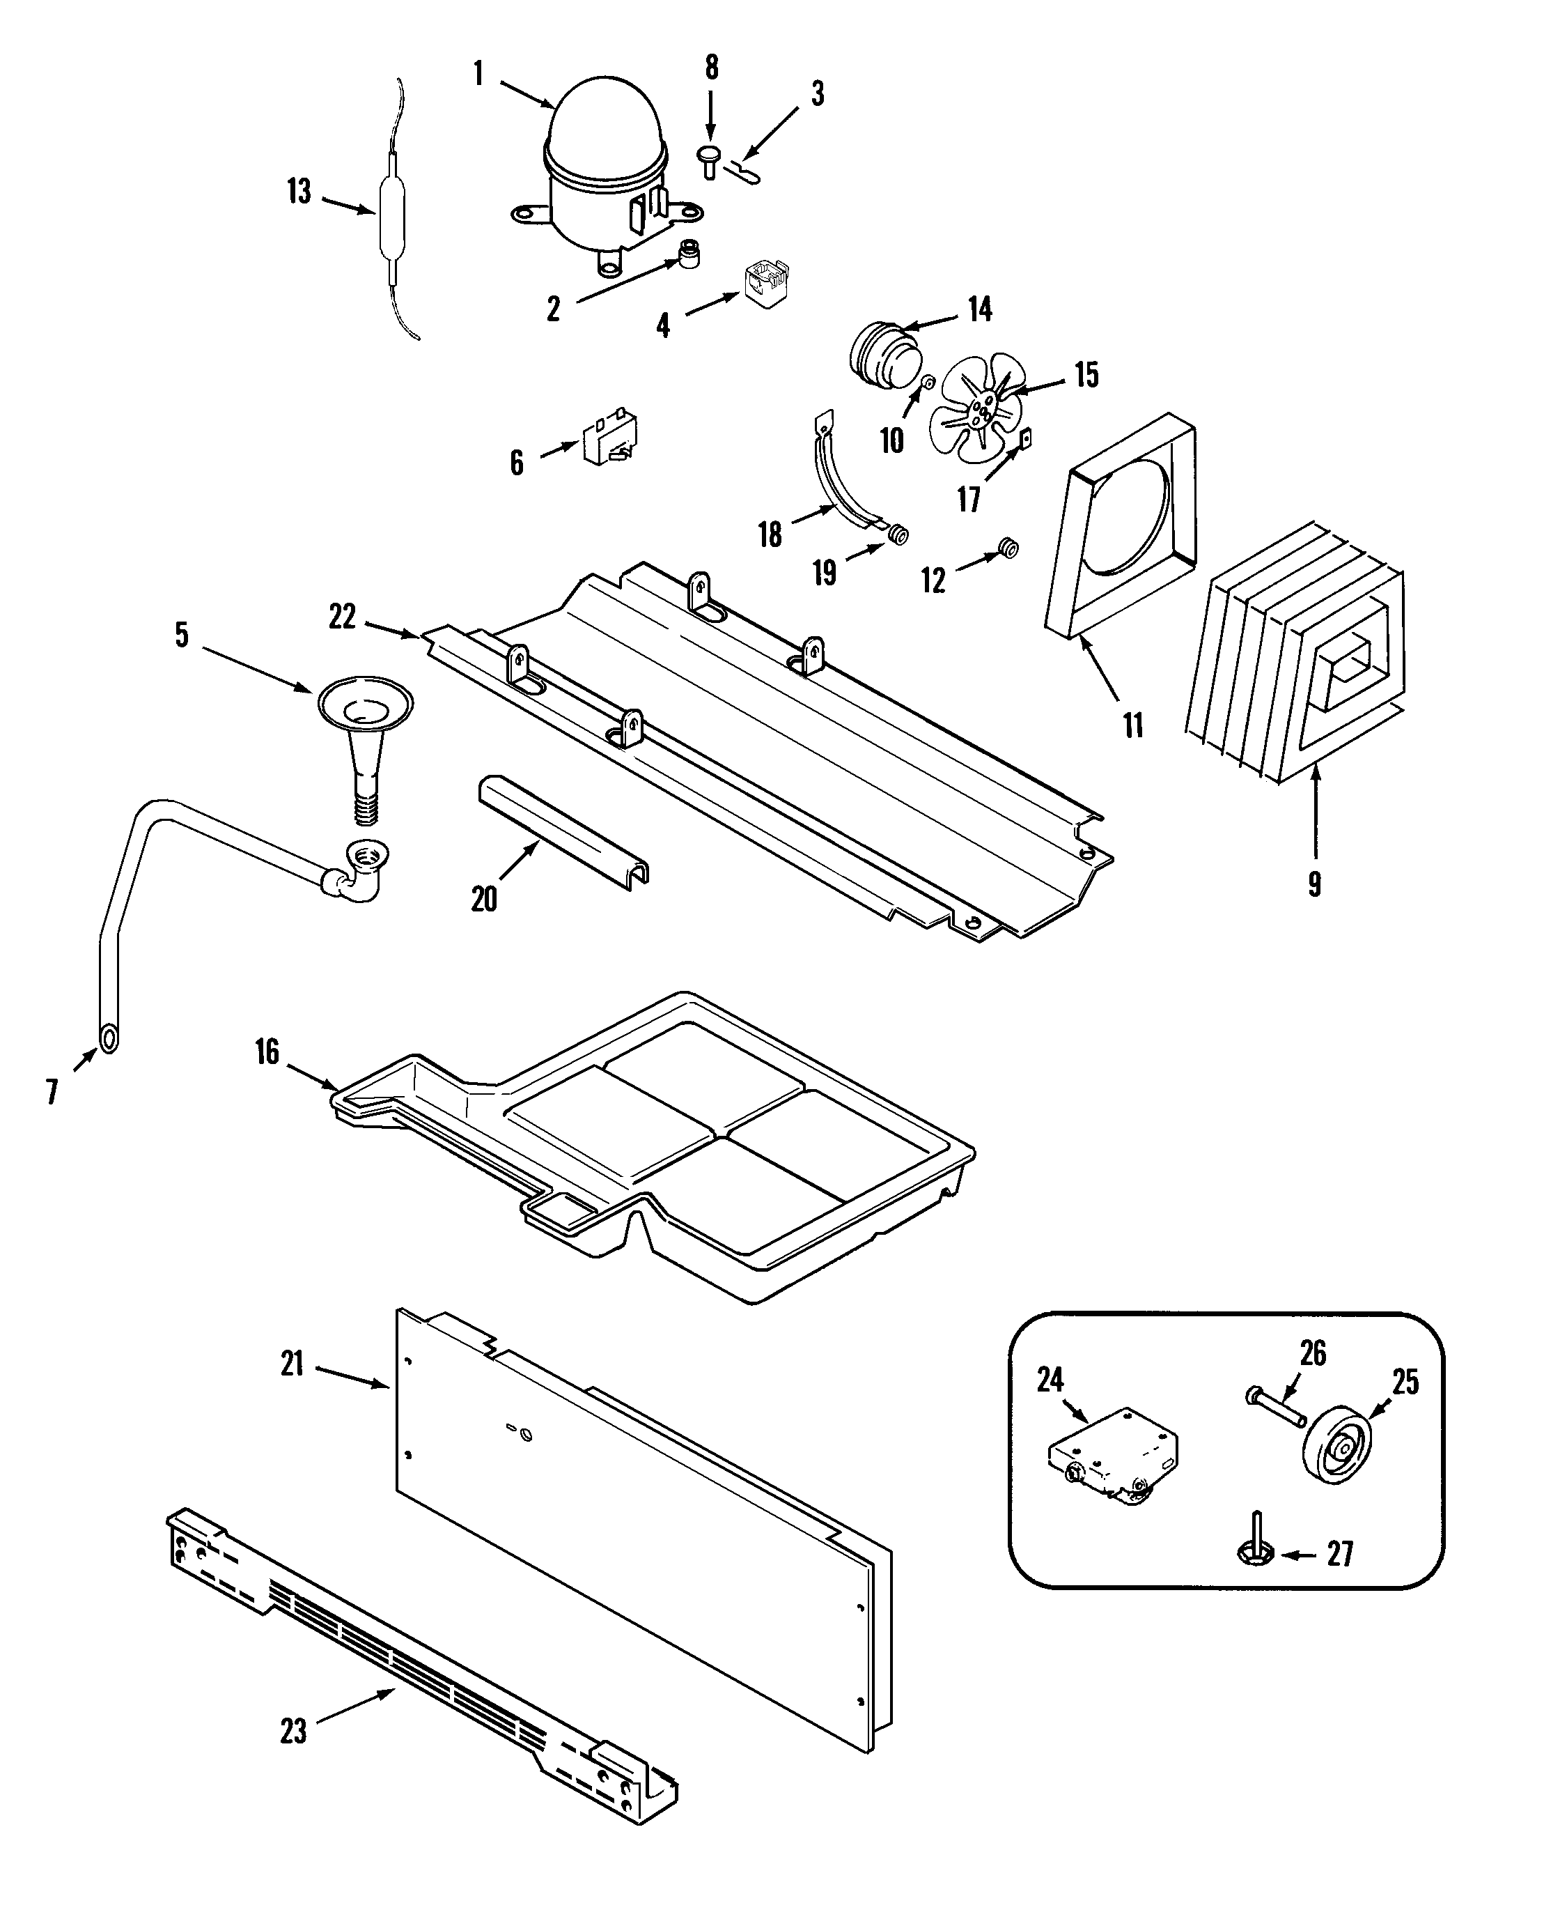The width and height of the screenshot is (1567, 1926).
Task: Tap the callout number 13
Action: tap(299, 192)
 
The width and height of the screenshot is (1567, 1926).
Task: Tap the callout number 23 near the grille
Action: tap(293, 1732)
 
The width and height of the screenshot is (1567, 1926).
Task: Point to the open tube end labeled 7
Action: tap(109, 1039)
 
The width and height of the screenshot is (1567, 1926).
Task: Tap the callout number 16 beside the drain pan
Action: tap(267, 1052)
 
